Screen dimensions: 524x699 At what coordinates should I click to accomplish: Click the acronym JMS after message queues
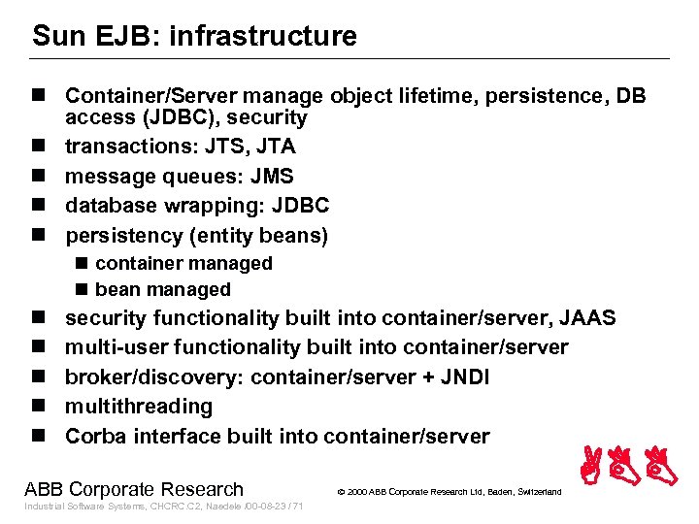(x=272, y=177)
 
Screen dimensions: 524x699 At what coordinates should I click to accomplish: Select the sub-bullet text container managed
(x=183, y=263)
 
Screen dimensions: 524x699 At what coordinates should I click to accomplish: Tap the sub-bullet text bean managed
(x=163, y=289)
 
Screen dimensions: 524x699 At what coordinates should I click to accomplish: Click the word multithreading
(x=139, y=407)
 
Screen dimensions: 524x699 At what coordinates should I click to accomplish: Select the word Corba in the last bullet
(x=95, y=436)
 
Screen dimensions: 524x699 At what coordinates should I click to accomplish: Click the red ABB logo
(x=629, y=466)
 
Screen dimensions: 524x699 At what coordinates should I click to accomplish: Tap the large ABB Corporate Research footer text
(x=134, y=489)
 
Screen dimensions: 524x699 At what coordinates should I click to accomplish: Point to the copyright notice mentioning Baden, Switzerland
(x=449, y=492)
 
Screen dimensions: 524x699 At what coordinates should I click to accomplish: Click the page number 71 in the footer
(x=298, y=508)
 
